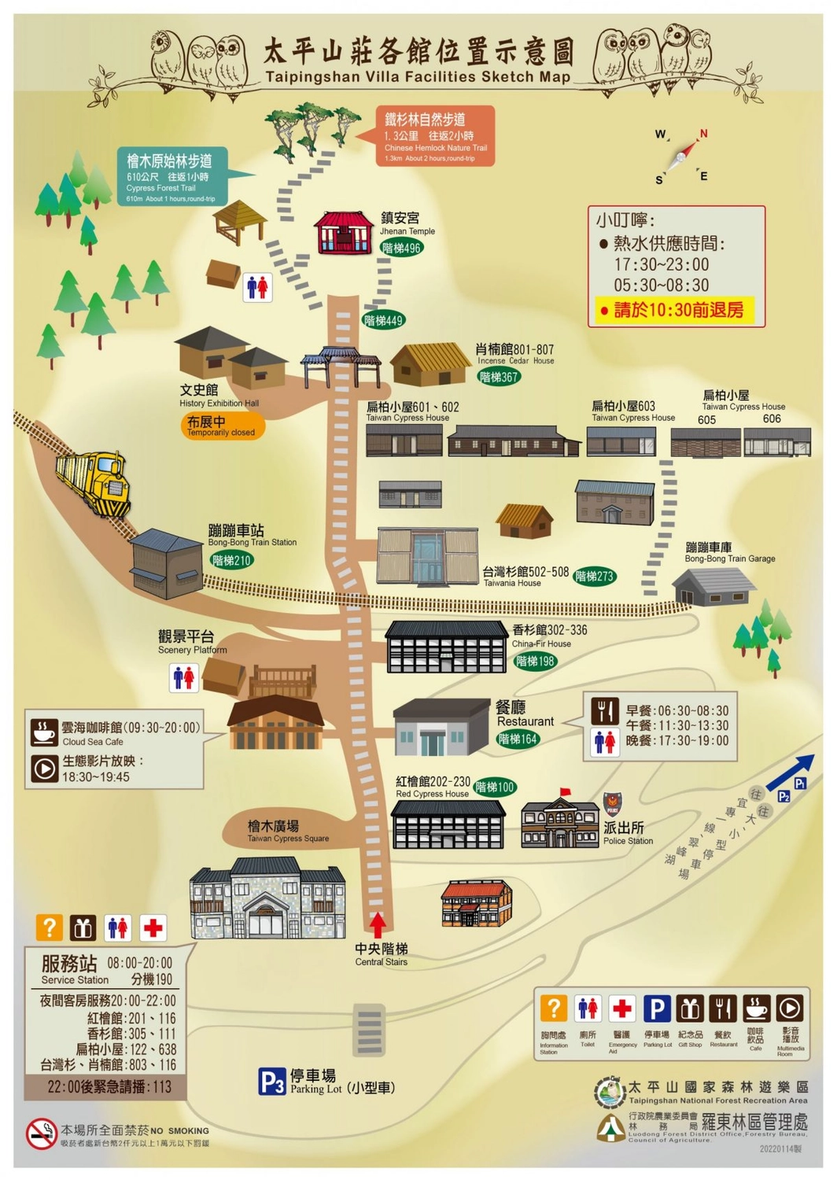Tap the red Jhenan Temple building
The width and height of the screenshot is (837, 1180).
pos(343,232)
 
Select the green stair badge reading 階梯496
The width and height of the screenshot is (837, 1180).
pos(401,249)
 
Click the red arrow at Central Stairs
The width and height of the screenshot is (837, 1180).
pos(378,924)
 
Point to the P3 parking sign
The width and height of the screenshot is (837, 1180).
pos(271,1082)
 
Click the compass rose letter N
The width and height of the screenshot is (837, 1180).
pos(702,134)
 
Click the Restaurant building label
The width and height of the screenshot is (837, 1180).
pos(524,714)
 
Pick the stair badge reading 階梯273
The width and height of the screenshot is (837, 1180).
pos(594,577)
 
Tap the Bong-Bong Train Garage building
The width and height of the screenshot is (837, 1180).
pos(712,586)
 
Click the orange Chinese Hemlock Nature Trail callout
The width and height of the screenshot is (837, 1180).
pos(435,135)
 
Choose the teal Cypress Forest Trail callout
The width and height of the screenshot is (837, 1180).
pos(172,175)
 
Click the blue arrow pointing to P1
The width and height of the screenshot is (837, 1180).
pos(791,773)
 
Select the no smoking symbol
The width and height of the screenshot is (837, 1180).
pos(41,1134)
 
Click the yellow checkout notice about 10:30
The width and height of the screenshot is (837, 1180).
pos(676,310)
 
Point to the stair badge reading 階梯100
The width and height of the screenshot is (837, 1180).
pos(495,787)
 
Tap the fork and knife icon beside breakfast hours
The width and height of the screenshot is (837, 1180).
pos(604,711)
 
